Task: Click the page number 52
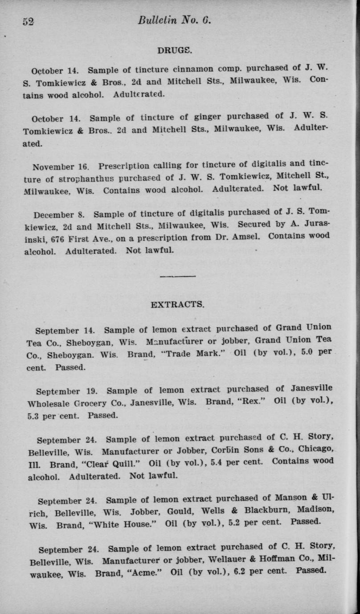pos(28,21)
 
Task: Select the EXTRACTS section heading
pos(177,305)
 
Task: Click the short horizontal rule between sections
pos(177,277)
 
